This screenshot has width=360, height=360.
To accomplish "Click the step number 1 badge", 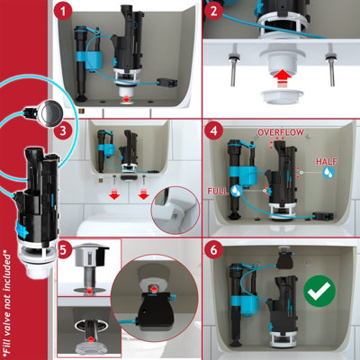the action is pyautogui.click(x=63, y=13).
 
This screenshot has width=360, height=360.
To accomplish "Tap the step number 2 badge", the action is pyautogui.click(x=213, y=12).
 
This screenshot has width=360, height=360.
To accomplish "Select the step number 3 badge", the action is pyautogui.click(x=63, y=130).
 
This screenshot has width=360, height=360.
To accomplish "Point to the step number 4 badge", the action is pyautogui.click(x=213, y=130).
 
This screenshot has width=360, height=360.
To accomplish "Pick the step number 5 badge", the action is pyautogui.click(x=64, y=250).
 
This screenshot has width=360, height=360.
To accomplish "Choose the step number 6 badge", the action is pyautogui.click(x=213, y=250).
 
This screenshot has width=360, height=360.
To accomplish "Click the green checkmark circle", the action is pyautogui.click(x=319, y=290).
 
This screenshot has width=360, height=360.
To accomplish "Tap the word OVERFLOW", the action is pyautogui.click(x=281, y=132).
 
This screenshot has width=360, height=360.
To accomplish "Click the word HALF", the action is pyautogui.click(x=327, y=161).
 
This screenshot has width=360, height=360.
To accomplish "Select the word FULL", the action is pyautogui.click(x=218, y=191).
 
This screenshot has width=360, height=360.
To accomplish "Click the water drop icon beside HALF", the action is pyautogui.click(x=329, y=172).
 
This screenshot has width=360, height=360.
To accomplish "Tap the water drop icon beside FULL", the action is pyautogui.click(x=236, y=190).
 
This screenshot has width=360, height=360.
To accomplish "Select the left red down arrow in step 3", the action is pyautogui.click(x=114, y=193).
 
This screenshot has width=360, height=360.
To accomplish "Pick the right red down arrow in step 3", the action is pyautogui.click(x=144, y=193).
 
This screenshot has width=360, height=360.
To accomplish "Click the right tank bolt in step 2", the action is pyautogui.click(x=331, y=65).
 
